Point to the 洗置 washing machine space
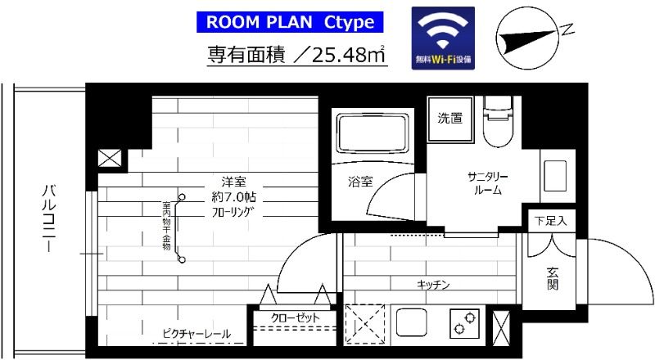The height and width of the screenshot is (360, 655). (x=449, y=118)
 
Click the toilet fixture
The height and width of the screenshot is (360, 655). (x=498, y=123)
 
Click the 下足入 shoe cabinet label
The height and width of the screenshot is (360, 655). (x=550, y=220)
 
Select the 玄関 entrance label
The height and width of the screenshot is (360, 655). (x=552, y=277)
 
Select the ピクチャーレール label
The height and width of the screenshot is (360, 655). (x=196, y=334)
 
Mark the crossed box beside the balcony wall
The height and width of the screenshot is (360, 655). (x=109, y=159)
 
